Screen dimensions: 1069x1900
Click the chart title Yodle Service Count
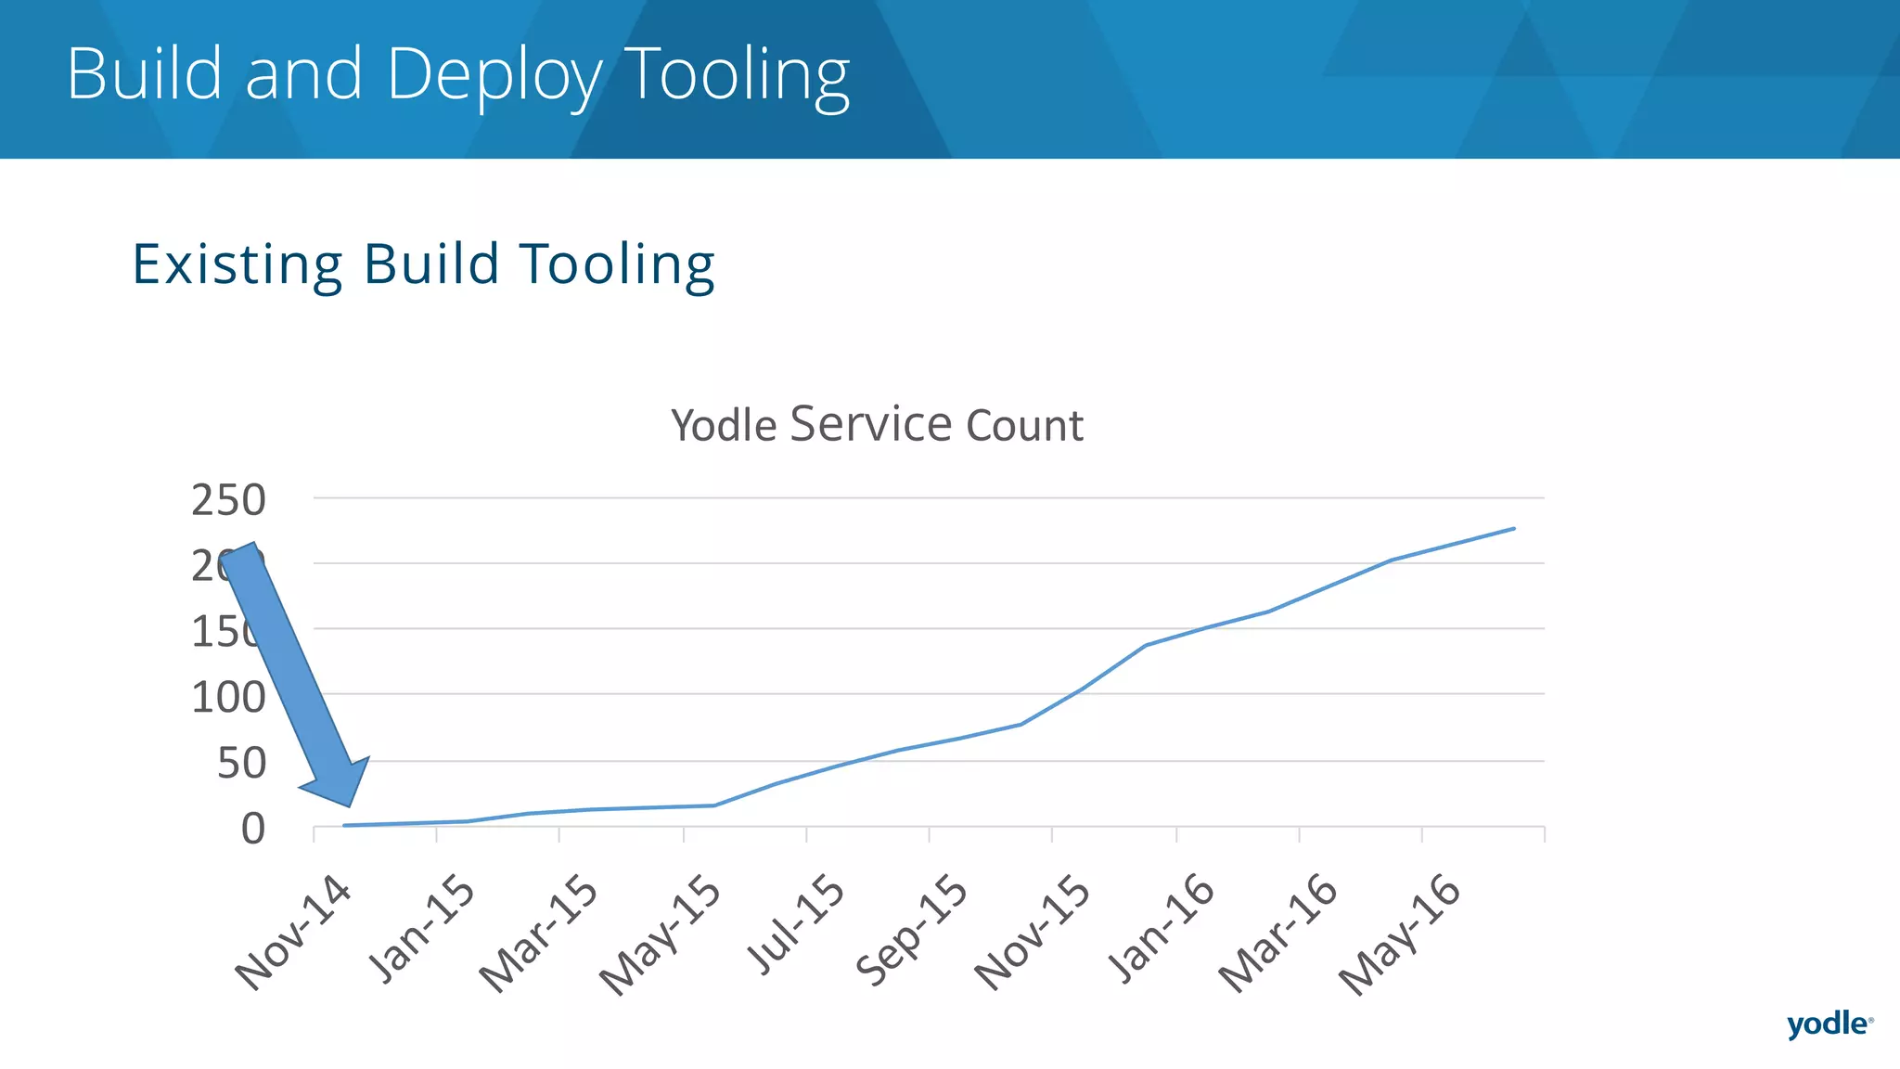click(877, 425)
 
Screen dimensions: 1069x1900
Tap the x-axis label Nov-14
click(293, 933)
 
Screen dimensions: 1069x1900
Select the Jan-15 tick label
click(422, 928)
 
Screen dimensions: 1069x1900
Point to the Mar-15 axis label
click(539, 934)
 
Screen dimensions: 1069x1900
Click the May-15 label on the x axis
click(661, 935)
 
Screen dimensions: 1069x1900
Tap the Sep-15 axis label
click(912, 930)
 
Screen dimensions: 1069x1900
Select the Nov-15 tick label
click(1033, 933)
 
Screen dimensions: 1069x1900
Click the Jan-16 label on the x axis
click(1162, 928)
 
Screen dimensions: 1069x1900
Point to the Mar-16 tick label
click(1278, 934)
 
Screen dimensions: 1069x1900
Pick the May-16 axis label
click(1400, 935)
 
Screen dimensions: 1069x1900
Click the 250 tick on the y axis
click(228, 500)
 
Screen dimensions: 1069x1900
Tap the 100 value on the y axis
click(228, 698)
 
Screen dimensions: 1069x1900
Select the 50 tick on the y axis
click(241, 764)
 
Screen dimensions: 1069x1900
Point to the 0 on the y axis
click(253, 829)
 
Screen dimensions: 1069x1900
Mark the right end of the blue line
click(1514, 529)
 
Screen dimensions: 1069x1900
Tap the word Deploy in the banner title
click(494, 74)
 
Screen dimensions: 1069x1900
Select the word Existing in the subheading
click(237, 264)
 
